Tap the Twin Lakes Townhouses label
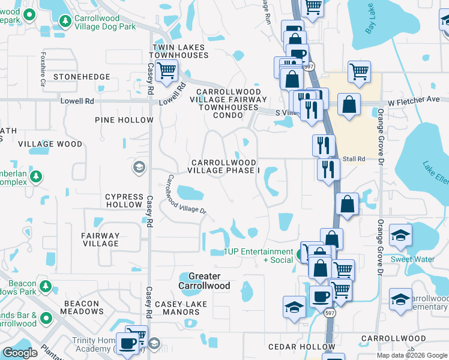(179, 51)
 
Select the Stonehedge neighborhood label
(82, 77)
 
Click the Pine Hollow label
(124, 120)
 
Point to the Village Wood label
(50, 144)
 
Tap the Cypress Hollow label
(124, 200)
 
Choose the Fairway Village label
(101, 239)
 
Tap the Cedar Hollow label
(294, 347)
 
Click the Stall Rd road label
(354, 159)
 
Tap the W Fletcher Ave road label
(415, 103)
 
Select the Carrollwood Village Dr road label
(186, 194)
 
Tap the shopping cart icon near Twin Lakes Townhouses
(166, 71)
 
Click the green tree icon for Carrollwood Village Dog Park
(64, 22)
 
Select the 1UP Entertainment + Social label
(258, 256)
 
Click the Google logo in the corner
(20, 353)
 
